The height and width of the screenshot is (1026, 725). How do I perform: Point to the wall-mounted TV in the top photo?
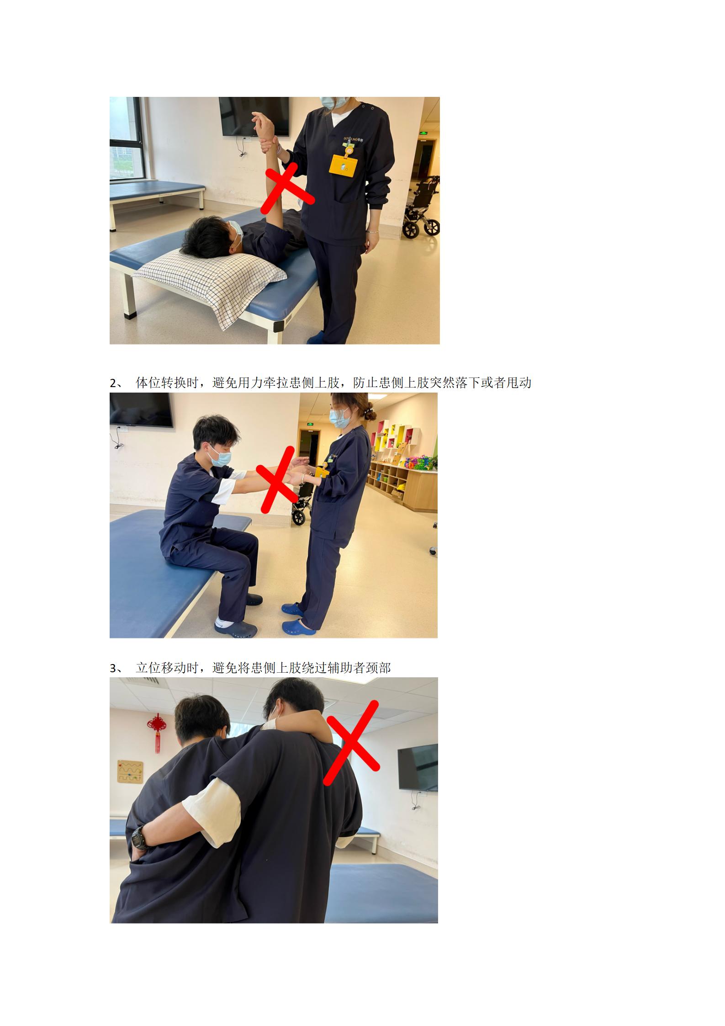coord(254,117)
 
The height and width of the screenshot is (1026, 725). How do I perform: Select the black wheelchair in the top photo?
coord(421,207)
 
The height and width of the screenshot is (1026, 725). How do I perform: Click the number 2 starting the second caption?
coord(113,383)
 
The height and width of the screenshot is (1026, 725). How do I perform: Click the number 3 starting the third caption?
coord(113,668)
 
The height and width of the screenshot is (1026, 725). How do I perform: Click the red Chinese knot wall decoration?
coord(157,732)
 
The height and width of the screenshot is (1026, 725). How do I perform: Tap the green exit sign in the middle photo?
coord(309,425)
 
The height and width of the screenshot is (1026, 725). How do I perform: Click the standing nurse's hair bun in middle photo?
coord(370,415)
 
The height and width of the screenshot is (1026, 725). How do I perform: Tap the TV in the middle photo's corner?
coord(141,410)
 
